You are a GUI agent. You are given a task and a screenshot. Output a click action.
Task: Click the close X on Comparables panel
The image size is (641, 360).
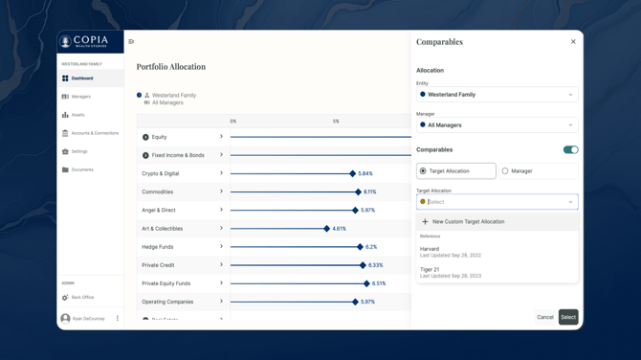[573, 42]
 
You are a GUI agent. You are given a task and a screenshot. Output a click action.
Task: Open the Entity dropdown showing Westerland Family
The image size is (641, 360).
[497, 95]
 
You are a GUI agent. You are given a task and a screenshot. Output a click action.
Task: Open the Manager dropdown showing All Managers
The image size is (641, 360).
[497, 125]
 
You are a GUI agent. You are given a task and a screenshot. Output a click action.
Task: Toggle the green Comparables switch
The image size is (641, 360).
[570, 150]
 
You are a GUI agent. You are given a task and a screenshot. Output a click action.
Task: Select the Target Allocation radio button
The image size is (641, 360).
[423, 171]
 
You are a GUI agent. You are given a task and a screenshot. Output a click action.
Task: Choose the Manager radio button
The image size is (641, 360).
[505, 171]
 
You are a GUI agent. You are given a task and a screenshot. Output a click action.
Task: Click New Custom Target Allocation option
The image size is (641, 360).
[468, 222]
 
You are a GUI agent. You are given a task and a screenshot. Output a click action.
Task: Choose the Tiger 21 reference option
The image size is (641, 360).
[451, 272]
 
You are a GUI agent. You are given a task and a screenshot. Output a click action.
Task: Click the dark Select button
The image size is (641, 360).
[568, 317]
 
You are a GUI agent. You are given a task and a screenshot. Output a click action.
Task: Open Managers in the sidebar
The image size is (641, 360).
[81, 97]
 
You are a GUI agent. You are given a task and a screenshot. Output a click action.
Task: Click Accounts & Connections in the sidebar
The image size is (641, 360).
[95, 133]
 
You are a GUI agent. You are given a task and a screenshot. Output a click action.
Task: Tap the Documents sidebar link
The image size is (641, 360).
[82, 169]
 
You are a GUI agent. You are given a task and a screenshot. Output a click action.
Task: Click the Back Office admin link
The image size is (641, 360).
[82, 298]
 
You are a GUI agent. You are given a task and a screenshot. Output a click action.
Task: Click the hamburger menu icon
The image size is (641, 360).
[131, 42]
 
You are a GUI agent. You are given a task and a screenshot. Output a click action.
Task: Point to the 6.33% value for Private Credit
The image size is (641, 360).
[375, 265]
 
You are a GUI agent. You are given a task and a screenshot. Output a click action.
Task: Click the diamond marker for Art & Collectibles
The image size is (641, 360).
[326, 229]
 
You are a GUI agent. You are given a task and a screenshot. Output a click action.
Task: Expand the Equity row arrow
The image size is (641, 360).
[221, 137]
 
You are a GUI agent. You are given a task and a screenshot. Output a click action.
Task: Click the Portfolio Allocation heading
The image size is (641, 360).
[171, 67]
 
